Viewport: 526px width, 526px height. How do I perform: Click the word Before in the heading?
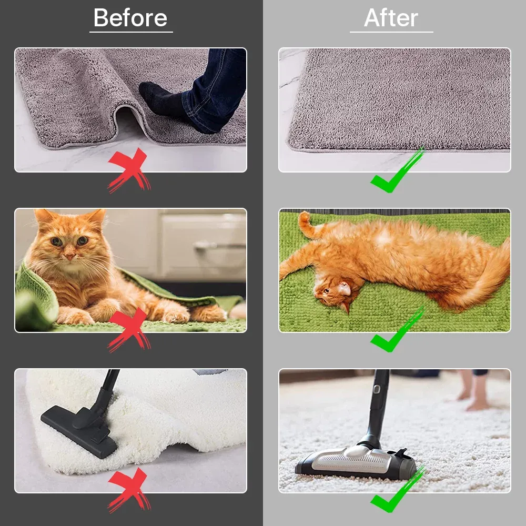130,18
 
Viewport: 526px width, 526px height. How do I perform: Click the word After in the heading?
391,18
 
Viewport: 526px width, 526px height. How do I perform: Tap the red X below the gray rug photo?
128,170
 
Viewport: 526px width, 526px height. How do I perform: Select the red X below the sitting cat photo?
128,330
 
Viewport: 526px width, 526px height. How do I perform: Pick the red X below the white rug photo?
128,490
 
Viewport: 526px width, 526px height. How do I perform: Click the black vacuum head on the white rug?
79,429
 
